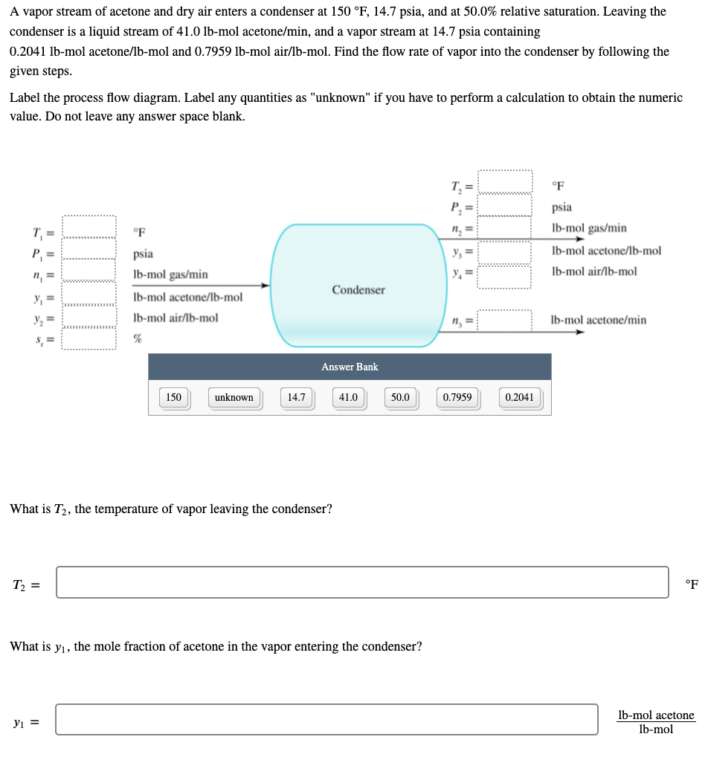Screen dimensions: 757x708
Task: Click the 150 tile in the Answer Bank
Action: point(173,398)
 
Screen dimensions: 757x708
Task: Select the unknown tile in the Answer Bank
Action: point(234,398)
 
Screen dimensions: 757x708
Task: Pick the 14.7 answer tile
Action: point(297,398)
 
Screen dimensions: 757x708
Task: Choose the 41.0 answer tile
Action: point(348,398)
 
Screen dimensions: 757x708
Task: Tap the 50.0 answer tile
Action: point(400,398)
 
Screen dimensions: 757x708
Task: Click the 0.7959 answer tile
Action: point(457,398)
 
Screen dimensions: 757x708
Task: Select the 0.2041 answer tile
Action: point(519,398)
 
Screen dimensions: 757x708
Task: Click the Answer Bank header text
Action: point(350,367)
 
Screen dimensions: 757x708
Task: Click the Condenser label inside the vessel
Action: point(358,289)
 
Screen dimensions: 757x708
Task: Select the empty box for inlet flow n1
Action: point(88,271)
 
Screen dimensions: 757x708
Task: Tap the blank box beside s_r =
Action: point(88,339)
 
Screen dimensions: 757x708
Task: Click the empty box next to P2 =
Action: point(505,204)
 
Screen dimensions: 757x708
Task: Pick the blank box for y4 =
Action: point(505,277)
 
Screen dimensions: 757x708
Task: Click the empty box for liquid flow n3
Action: point(505,320)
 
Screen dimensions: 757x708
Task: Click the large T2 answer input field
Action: point(362,582)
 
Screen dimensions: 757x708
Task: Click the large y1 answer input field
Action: point(326,720)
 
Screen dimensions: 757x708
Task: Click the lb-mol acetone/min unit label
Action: point(598,320)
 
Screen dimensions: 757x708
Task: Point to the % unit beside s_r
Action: point(138,339)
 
